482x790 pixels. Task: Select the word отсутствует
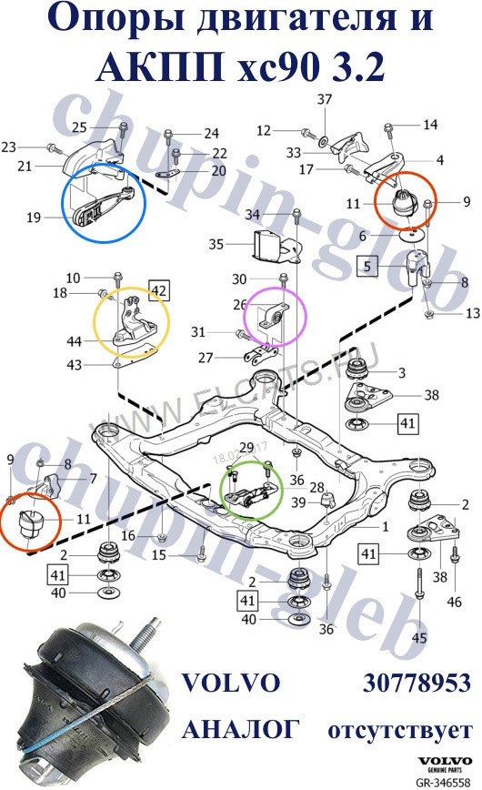(x=399, y=730)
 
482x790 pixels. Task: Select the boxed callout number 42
(x=159, y=290)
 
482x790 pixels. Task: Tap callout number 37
(x=324, y=98)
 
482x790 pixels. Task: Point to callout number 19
(x=33, y=217)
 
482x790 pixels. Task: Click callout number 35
(x=216, y=244)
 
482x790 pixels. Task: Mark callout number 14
(x=430, y=124)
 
